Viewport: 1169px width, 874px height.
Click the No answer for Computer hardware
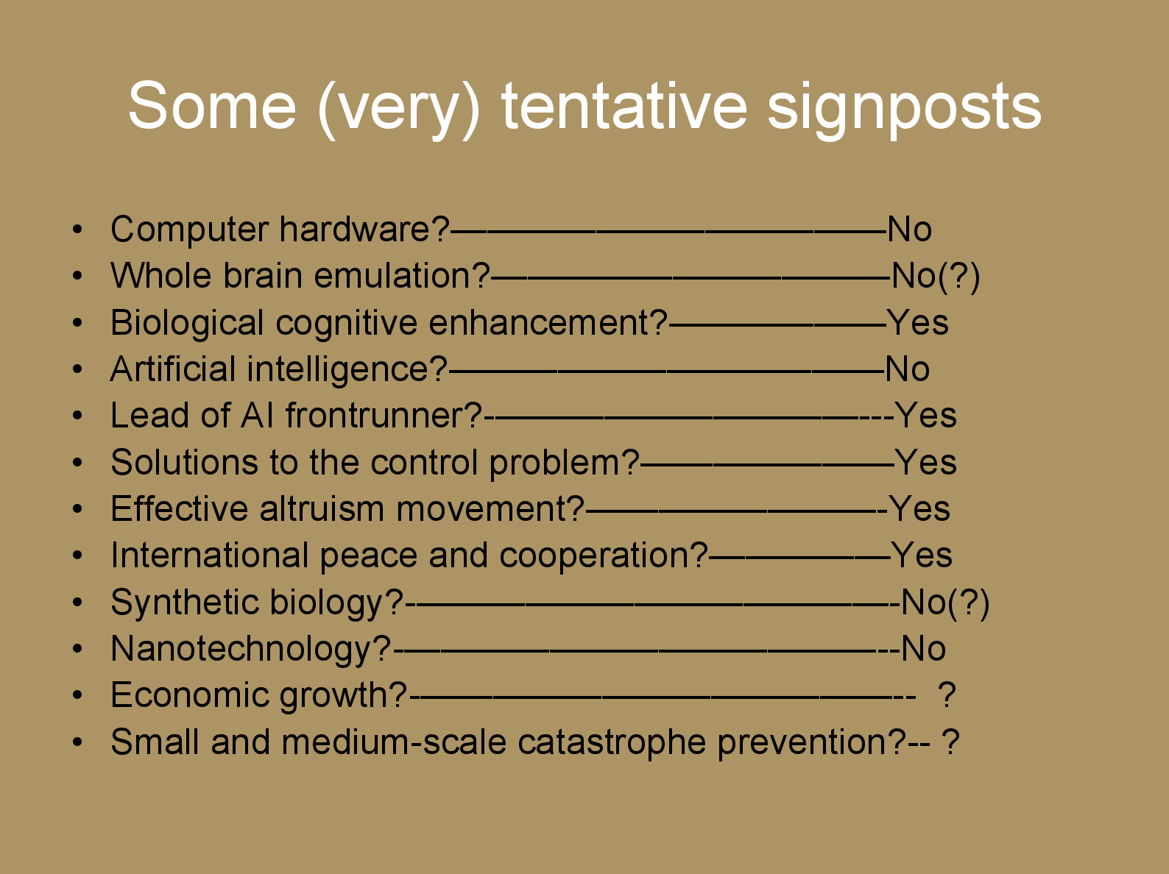click(x=910, y=230)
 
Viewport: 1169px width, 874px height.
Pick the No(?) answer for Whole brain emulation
click(x=936, y=277)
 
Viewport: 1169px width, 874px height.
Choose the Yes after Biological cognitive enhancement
click(x=918, y=322)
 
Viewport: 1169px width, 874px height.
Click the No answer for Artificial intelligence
click(x=908, y=369)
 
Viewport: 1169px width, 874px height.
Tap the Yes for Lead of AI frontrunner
click(x=925, y=415)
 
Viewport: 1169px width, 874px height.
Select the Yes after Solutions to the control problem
click(x=925, y=462)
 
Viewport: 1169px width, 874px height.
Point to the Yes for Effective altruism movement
click(x=919, y=508)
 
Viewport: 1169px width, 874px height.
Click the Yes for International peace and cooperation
click(x=922, y=555)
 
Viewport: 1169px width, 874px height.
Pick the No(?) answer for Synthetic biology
click(x=945, y=603)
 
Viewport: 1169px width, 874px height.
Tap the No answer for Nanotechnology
click(x=923, y=648)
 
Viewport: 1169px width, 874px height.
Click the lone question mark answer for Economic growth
click(x=947, y=694)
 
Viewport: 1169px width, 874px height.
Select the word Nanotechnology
click(x=251, y=650)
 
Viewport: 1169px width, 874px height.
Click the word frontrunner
click(x=384, y=415)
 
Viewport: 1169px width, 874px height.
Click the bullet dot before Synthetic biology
click(x=78, y=603)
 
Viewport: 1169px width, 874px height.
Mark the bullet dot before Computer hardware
click(x=78, y=230)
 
